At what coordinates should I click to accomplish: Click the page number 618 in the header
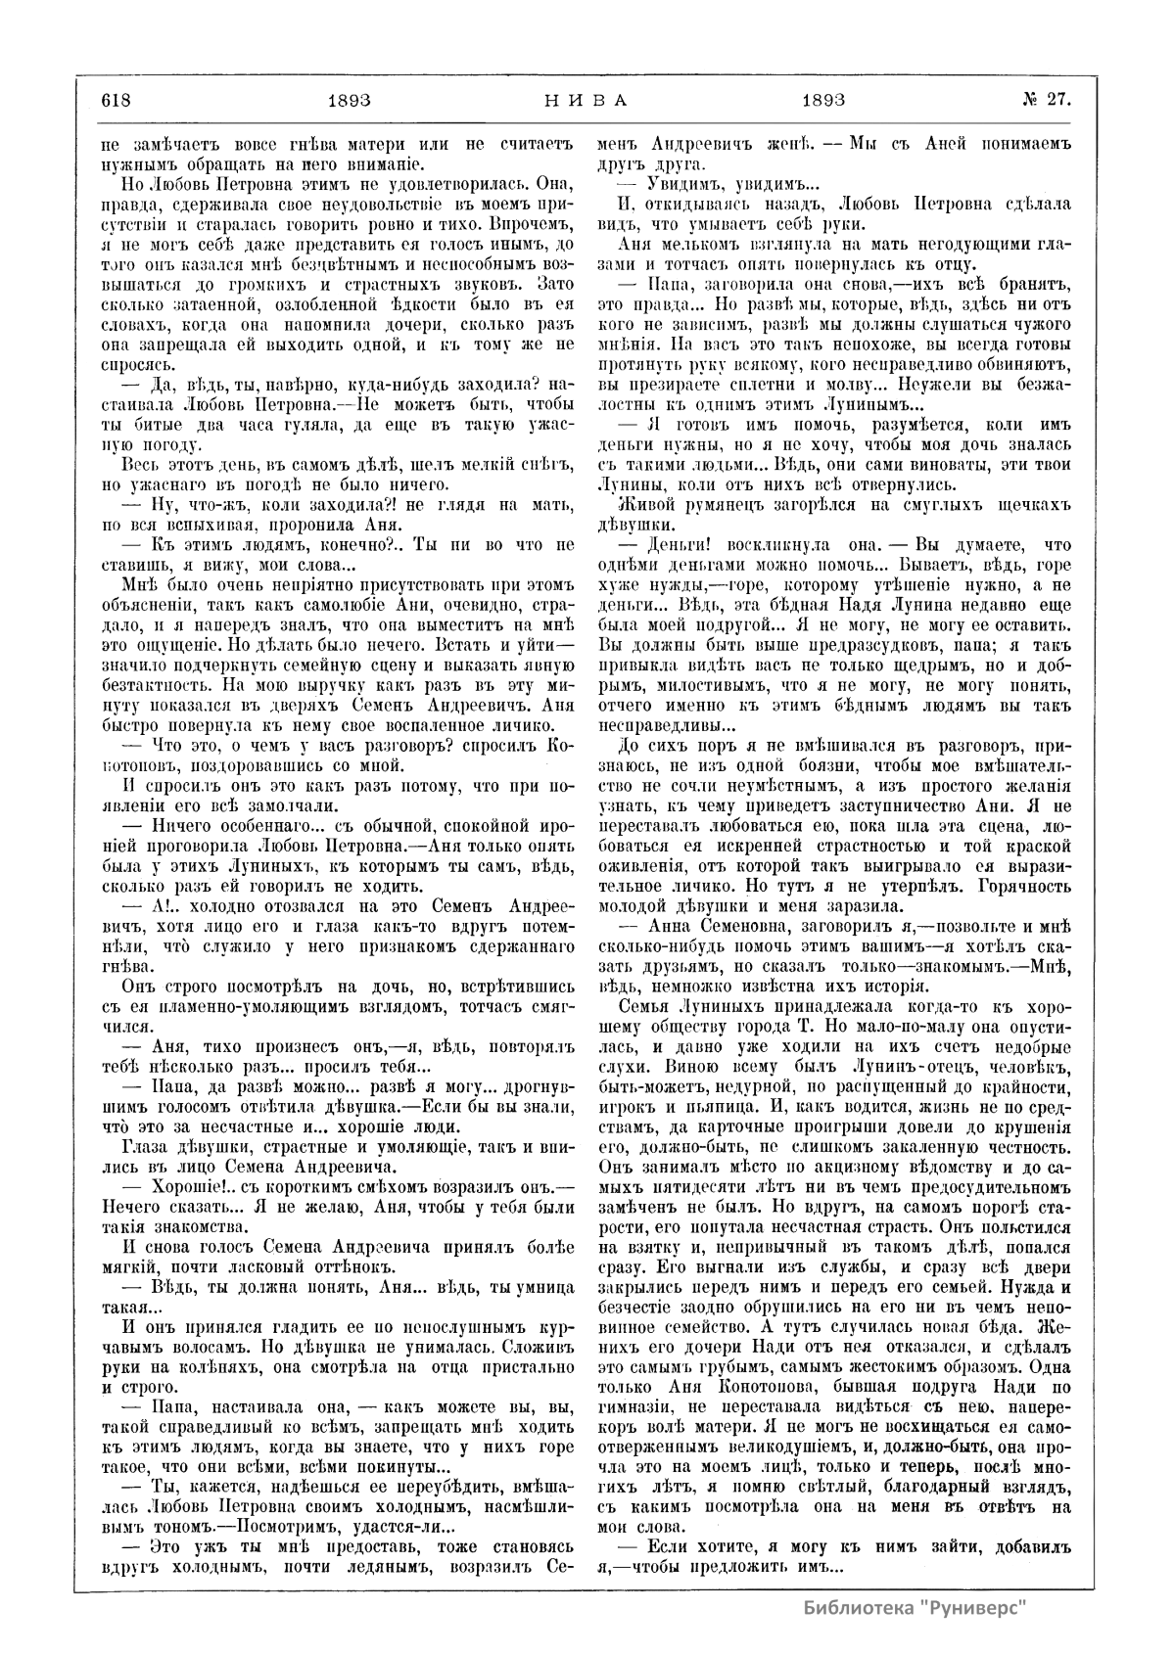[x=116, y=99]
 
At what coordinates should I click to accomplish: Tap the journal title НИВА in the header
[x=585, y=99]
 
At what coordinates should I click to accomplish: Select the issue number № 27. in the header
[x=1047, y=99]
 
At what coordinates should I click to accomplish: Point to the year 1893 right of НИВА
[x=823, y=99]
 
